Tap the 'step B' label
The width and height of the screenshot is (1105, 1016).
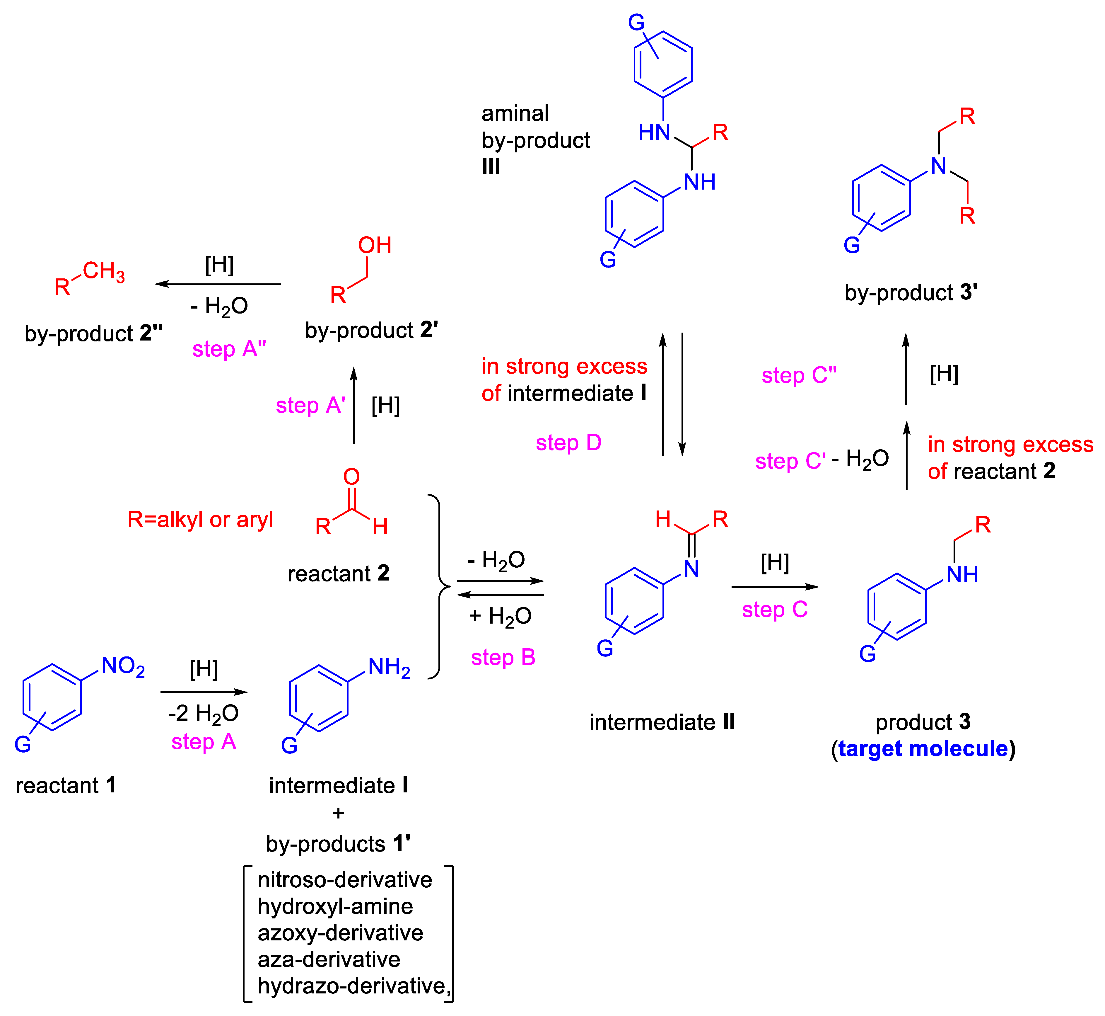coord(503,657)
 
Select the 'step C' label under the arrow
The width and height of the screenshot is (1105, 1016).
coord(774,609)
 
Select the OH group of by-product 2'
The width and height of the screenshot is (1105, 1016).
coord(375,245)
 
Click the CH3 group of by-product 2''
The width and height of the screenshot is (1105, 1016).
coord(103,271)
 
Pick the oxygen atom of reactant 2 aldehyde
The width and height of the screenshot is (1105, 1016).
coord(352,477)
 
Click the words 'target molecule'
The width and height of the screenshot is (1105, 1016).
coord(923,749)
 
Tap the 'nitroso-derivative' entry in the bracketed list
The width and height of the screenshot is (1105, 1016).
coord(344,880)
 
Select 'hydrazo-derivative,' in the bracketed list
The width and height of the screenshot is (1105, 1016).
coord(354,986)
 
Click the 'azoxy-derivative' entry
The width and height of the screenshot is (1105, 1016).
coord(340,933)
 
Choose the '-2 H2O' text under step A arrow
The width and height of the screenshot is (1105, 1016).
coord(203,714)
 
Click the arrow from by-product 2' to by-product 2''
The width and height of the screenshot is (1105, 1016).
coord(218,284)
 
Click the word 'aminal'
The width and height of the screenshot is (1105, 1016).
coord(515,113)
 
